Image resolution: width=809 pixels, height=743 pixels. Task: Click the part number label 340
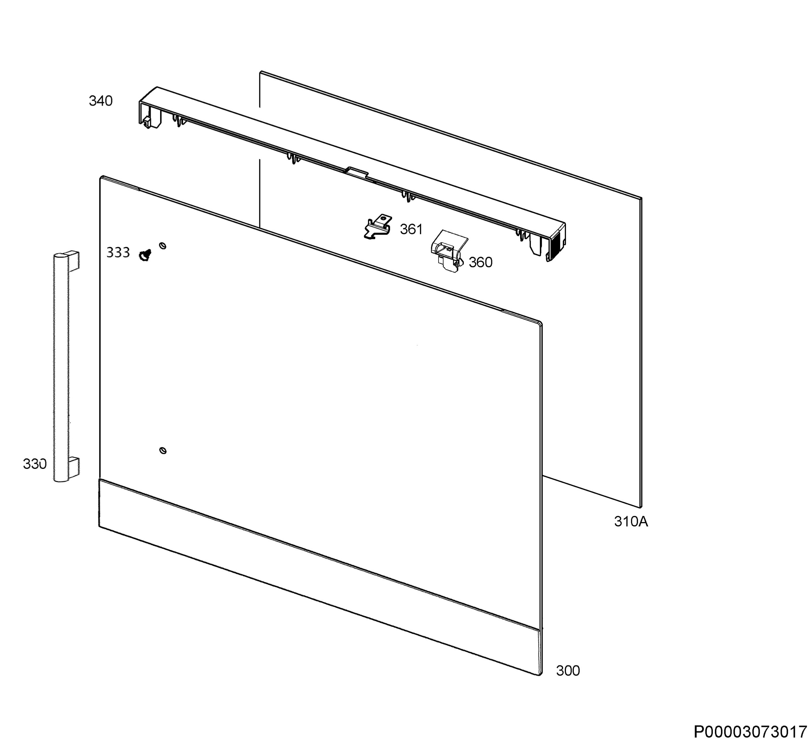coord(100,101)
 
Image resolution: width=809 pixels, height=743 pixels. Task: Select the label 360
coord(481,262)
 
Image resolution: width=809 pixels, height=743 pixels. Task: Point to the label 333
coord(118,253)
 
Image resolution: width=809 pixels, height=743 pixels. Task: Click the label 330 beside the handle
coord(35,464)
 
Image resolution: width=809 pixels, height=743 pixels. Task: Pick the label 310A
coord(631,521)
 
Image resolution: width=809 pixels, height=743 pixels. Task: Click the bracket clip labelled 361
coord(378,227)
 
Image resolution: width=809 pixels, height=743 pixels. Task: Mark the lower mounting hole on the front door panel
coord(163,450)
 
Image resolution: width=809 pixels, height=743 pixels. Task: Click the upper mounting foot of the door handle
coord(73,260)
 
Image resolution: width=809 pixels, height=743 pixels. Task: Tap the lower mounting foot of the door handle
coord(73,466)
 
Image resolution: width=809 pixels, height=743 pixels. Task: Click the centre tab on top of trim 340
coord(357,172)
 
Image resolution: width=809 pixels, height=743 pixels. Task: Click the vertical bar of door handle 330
coord(61,368)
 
